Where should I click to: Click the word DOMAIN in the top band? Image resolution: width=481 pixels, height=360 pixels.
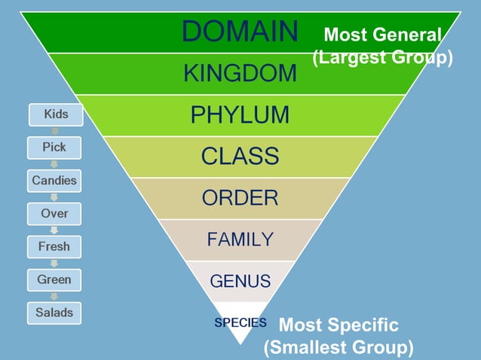240,32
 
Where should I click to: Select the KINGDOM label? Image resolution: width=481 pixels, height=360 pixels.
240,74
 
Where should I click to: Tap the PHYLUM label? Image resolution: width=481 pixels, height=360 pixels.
240,115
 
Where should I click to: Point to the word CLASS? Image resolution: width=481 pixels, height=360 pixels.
240,157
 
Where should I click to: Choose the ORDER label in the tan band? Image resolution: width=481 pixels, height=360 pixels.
240,198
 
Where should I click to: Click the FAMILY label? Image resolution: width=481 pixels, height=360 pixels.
240,240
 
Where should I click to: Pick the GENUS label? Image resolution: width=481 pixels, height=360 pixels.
240,282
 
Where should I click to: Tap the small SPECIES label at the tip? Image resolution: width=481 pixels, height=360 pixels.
240,322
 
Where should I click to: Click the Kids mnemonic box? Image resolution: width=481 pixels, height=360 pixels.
55,114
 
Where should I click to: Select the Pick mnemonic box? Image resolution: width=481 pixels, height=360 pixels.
55,148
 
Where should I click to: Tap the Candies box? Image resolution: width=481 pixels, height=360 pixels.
55,181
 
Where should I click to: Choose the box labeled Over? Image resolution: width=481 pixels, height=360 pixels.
55,214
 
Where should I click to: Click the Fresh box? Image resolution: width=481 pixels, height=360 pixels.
55,246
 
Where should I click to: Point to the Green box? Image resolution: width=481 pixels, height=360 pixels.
55,279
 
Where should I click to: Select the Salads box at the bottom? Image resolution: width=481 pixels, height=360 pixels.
55,312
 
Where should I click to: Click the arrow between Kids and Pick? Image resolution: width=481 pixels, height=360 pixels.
55,131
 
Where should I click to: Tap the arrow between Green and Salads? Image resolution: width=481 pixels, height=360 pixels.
55,296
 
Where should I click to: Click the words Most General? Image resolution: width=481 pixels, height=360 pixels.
381,35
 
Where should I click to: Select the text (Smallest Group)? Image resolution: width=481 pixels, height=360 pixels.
339,348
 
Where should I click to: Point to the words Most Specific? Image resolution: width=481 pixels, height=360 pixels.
339,325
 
